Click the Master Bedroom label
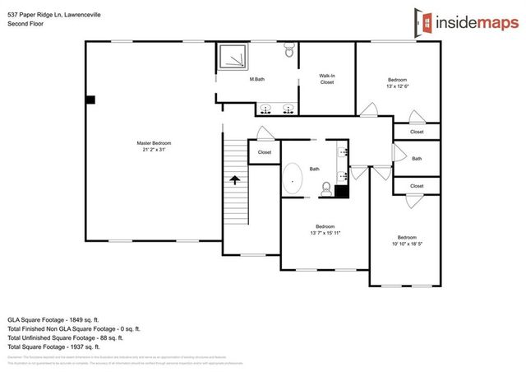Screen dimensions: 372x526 point(154,143)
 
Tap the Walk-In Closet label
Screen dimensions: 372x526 point(327,79)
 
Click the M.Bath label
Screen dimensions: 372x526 point(257,79)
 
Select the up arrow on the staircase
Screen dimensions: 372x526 point(234,179)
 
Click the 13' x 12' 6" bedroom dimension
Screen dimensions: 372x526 point(397,86)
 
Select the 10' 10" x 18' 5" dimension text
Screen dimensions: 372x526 point(407,244)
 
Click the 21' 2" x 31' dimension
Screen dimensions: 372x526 point(154,150)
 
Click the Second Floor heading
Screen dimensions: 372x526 point(25,25)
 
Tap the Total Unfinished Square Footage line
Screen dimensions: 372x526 point(66,337)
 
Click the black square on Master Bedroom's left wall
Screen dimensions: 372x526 point(90,100)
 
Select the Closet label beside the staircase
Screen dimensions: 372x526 point(264,152)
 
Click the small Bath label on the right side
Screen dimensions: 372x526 point(417,159)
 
